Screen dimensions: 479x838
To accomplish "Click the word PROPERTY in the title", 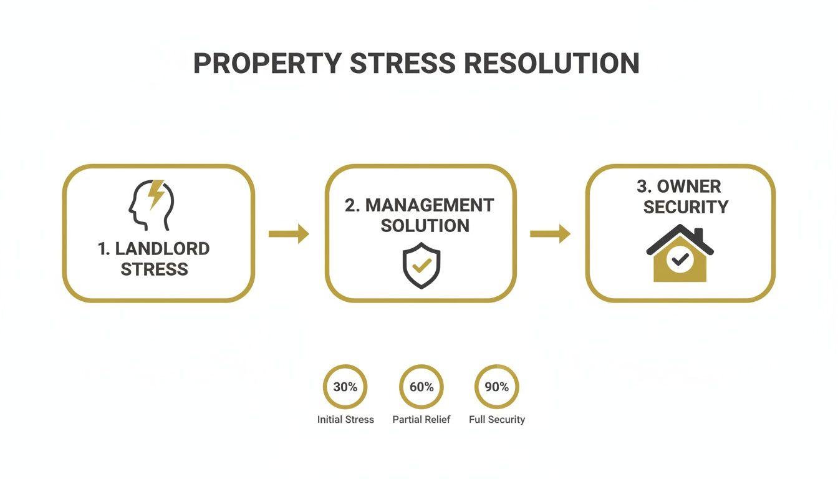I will tap(267, 64).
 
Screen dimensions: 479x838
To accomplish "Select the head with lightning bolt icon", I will tap(151, 205).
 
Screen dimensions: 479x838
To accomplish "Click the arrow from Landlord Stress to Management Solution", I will tap(289, 234).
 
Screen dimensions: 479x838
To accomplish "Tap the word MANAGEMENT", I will tap(429, 205).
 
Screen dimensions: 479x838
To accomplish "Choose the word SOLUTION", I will tap(425, 226).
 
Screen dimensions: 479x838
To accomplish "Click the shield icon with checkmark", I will tap(421, 264).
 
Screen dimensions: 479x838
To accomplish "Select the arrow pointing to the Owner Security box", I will tap(550, 234).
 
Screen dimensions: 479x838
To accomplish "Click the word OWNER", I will tap(688, 186).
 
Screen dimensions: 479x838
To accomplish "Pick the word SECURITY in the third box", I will tap(685, 206).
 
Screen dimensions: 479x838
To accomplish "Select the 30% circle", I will tap(345, 387).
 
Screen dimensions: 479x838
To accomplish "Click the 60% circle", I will tap(421, 387).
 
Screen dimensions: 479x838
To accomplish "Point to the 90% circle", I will tap(497, 387).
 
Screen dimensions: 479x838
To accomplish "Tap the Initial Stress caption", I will tap(345, 420).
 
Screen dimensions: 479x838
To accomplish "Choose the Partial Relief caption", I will tap(421, 420).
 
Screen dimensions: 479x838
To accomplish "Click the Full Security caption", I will tap(497, 420).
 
